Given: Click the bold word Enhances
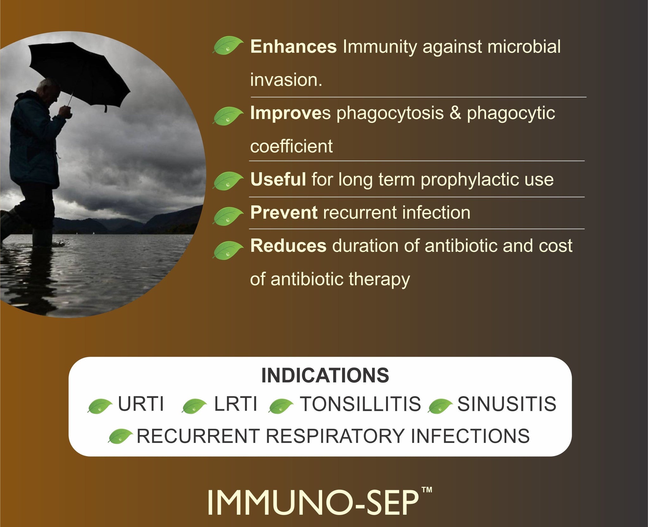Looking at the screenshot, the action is pos(293,47).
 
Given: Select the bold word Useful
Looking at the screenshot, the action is pos(278,179).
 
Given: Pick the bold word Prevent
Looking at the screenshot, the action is pos(284,212).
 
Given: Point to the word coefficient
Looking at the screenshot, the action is pos(291,146).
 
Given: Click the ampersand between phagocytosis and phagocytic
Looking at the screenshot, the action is pos(455,113).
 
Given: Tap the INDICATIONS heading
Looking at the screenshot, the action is pos(325,375).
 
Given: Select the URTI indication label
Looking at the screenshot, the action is pos(141,404).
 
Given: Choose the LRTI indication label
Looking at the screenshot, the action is pos(236,404).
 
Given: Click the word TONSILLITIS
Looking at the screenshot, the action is pos(360,404).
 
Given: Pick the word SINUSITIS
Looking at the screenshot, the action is pos(507,404).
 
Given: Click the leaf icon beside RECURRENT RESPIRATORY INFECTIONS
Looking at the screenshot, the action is pos(120,436).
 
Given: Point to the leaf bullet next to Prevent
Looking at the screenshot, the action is pos(228,216).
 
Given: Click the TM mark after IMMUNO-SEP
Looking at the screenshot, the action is pos(427,490).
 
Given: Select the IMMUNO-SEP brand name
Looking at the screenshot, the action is pos(313,503).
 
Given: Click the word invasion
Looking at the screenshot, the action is pos(286,80).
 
